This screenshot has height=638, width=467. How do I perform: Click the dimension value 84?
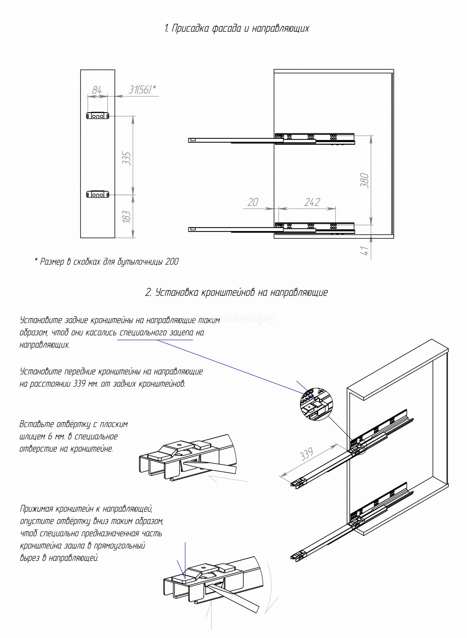click(x=97, y=90)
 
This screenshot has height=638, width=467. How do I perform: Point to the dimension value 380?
click(x=365, y=180)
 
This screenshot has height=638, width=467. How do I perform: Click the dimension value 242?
click(x=312, y=202)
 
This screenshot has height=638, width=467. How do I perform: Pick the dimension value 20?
click(x=253, y=202)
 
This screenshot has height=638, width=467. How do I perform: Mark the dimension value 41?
click(x=365, y=251)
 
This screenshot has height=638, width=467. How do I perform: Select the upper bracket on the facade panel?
click(x=98, y=116)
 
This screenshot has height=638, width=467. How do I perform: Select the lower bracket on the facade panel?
click(x=98, y=195)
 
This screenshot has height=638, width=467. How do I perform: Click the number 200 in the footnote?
click(x=172, y=262)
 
